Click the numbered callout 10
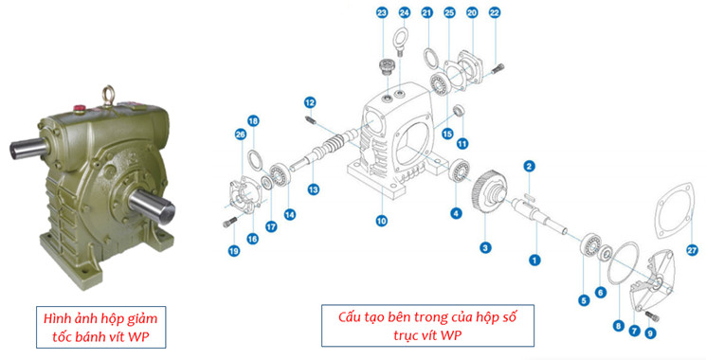pos(381,221)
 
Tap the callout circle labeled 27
pos(693,250)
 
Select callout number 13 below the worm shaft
pos(314,189)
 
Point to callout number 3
pos(485,247)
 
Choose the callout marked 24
pos(405,12)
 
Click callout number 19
pos(233,251)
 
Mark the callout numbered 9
pos(650,333)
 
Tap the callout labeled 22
pos(495,12)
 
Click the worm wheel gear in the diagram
pos(489,196)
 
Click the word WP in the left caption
pos(138,336)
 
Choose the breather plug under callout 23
pos(386,65)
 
